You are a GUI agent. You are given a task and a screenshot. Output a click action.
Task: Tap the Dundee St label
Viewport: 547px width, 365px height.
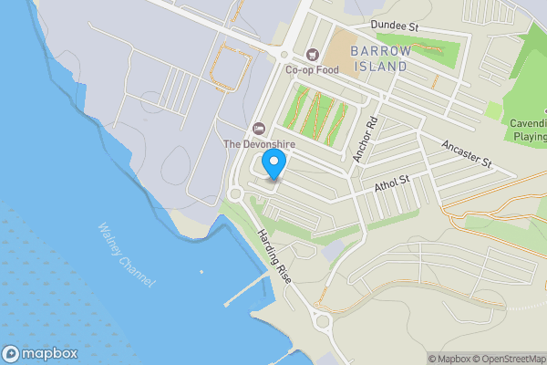[x=393, y=27]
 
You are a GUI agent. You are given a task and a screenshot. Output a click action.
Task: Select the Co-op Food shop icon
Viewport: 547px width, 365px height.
[x=314, y=54]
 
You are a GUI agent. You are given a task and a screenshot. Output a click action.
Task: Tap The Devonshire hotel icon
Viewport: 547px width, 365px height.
[x=258, y=128]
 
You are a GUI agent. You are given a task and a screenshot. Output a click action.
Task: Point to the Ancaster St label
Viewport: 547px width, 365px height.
[x=466, y=153]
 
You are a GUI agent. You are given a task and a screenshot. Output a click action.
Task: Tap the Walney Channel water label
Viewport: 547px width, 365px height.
[x=125, y=256]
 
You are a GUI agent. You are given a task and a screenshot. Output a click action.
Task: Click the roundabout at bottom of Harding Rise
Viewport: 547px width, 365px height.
[x=321, y=318]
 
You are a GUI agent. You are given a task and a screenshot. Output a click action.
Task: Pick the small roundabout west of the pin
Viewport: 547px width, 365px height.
[x=235, y=193]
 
